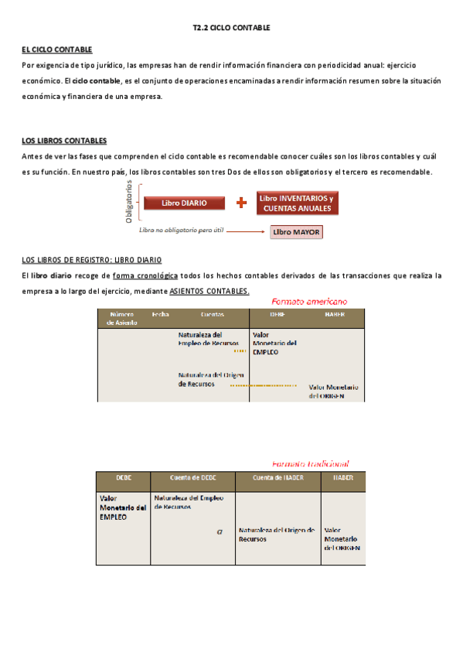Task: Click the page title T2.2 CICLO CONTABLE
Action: click(231, 28)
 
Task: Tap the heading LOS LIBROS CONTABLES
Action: click(64, 141)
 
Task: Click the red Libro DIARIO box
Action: click(184, 203)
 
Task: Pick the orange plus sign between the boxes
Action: click(242, 203)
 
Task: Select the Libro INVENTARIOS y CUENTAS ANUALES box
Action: click(297, 203)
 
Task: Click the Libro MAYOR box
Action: click(296, 231)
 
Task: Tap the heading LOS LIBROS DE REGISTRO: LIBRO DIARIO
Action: click(92, 260)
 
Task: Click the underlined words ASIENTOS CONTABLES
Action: click(209, 291)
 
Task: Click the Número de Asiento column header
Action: click(122, 319)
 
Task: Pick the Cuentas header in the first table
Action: click(213, 315)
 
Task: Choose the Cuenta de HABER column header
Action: click(277, 478)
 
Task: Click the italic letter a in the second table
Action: click(220, 531)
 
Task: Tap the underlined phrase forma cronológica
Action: click(145, 275)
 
